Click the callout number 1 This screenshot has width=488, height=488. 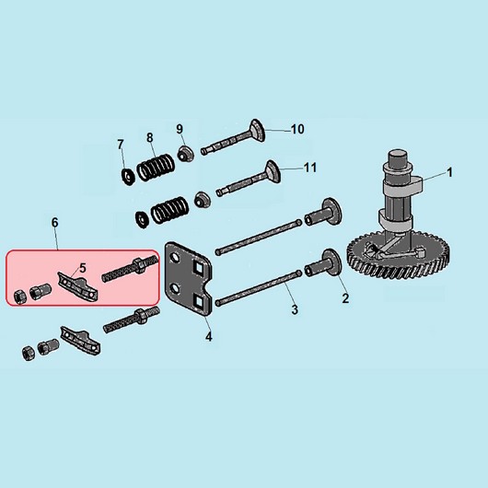tap(449, 172)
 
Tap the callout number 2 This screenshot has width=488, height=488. tap(345, 298)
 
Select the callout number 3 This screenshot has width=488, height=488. tap(295, 309)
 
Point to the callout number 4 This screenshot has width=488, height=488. tap(209, 336)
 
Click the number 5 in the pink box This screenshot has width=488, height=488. tap(83, 268)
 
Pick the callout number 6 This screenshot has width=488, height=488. tap(54, 223)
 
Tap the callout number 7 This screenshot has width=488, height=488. tap(121, 145)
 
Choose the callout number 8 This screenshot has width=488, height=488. tap(150, 137)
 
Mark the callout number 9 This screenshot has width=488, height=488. tap(180, 129)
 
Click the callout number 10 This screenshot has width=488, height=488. tap(297, 129)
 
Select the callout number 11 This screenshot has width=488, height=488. tap(310, 168)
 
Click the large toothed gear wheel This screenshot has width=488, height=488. tap(400, 258)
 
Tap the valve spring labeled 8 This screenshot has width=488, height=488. tap(156, 168)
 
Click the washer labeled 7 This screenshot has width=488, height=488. tap(128, 177)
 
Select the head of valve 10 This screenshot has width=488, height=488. tap(258, 131)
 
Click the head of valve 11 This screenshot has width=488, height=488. tap(273, 171)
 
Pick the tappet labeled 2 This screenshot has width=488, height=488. tap(324, 265)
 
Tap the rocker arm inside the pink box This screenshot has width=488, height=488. tap(78, 285)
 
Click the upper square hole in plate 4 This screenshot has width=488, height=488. tap(199, 266)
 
